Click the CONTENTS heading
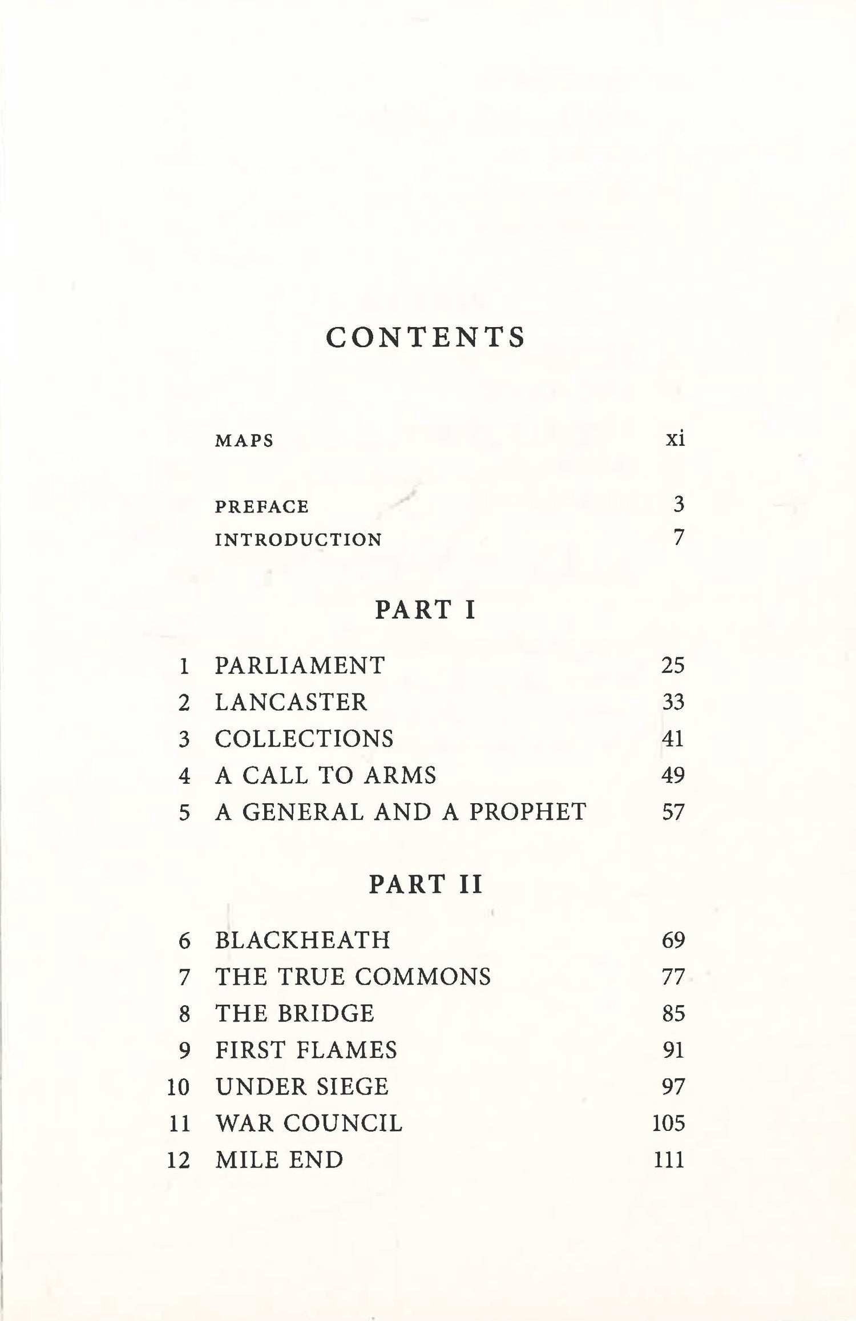pyautogui.click(x=425, y=337)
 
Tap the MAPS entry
pyautogui.click(x=244, y=441)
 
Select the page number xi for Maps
pyautogui.click(x=675, y=439)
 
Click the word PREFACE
pyautogui.click(x=262, y=507)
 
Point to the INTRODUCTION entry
pyautogui.click(x=298, y=539)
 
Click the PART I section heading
pyautogui.click(x=425, y=610)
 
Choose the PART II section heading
pyautogui.click(x=425, y=884)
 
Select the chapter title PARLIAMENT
pyautogui.click(x=300, y=666)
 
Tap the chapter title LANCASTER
pyautogui.click(x=291, y=702)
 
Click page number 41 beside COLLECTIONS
pyautogui.click(x=673, y=739)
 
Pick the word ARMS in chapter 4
pyautogui.click(x=400, y=775)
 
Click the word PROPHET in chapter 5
pyautogui.click(x=528, y=812)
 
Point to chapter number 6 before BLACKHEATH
pyautogui.click(x=184, y=940)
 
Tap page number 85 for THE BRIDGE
pyautogui.click(x=673, y=1013)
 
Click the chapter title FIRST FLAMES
pyautogui.click(x=306, y=1050)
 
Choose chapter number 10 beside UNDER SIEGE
pyautogui.click(x=178, y=1086)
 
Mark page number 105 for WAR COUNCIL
pyautogui.click(x=668, y=1123)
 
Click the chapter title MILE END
pyautogui.click(x=279, y=1159)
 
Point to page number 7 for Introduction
pyautogui.click(x=678, y=538)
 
